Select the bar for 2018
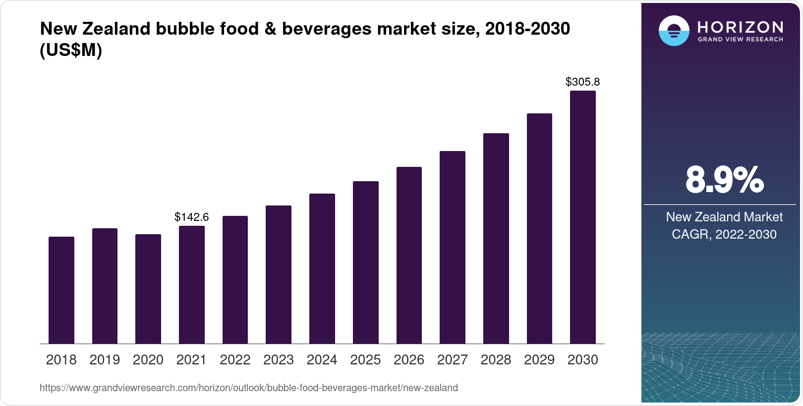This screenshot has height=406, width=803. click(61, 290)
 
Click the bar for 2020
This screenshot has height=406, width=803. click(148, 289)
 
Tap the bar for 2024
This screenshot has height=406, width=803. click(322, 269)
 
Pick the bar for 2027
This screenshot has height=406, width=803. click(452, 248)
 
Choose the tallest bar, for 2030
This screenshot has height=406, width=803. click(582, 217)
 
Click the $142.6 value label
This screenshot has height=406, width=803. click(191, 217)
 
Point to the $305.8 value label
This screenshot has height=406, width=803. click(582, 82)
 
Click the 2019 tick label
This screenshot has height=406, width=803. click(105, 360)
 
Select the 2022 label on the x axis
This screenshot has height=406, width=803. click(235, 360)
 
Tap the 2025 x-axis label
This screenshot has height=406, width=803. click(365, 360)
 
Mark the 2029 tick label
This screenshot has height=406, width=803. click(539, 360)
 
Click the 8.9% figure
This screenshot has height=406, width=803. click(724, 180)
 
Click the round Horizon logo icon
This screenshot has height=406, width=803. click(674, 31)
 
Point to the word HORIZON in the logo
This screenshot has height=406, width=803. click(740, 27)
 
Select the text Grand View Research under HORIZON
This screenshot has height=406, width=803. click(740, 39)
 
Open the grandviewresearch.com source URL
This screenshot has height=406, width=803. click(248, 388)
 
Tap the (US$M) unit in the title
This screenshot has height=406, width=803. click(71, 51)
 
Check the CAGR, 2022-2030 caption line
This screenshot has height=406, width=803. click(724, 234)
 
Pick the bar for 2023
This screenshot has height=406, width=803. click(279, 275)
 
